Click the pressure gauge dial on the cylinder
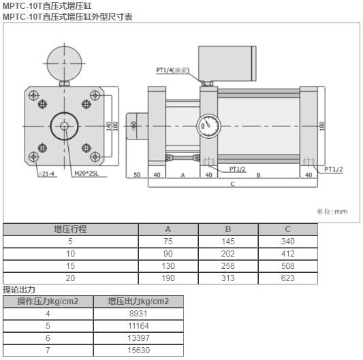[x=207, y=126]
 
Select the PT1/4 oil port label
[x=172, y=70]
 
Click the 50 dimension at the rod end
[x=136, y=175]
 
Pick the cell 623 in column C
[x=287, y=278]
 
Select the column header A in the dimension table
[x=168, y=229]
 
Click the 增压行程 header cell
[x=70, y=229]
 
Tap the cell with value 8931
[x=138, y=314]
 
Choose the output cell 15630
[x=138, y=350]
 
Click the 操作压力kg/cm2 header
[x=48, y=301]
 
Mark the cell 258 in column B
[x=228, y=265]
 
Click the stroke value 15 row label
[x=70, y=265]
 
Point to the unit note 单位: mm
[x=332, y=211]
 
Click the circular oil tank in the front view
[x=63, y=61]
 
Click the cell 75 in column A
[x=168, y=242]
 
